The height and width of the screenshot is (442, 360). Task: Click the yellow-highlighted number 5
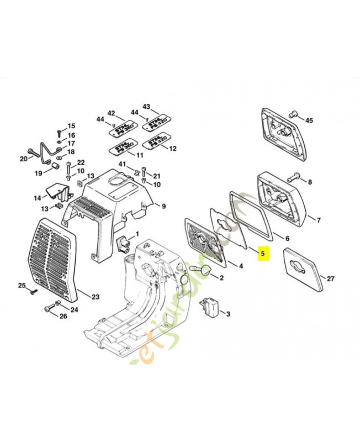(x=263, y=255)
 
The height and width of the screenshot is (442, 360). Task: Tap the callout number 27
(x=330, y=278)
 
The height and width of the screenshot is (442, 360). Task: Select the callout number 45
(x=309, y=120)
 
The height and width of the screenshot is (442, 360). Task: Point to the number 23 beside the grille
(x=96, y=297)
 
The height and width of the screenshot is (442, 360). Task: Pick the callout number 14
(x=37, y=197)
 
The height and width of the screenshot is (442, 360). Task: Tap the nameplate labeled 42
(x=119, y=129)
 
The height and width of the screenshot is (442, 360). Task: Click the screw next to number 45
(x=293, y=114)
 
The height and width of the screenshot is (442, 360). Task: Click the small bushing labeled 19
(x=55, y=165)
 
